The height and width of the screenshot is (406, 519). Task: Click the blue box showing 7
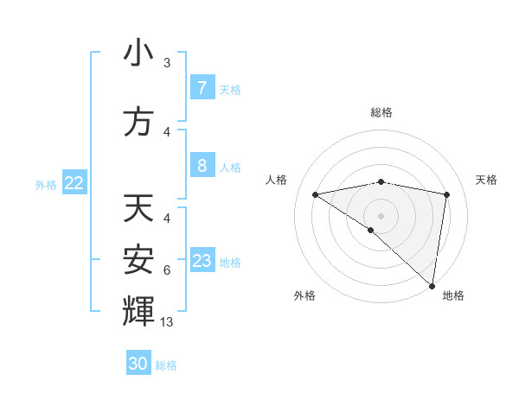[202, 87]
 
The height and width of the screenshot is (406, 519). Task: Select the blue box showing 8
[202, 166]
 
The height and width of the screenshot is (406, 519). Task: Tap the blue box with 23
[202, 261]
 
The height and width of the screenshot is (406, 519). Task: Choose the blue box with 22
[74, 183]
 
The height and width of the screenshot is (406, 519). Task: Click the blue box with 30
[138, 364]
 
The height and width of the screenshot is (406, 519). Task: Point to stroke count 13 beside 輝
[167, 322]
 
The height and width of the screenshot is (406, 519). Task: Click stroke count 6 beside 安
[167, 270]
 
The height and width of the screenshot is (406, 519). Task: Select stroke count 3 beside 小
[167, 63]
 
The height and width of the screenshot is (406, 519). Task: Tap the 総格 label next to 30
[166, 365]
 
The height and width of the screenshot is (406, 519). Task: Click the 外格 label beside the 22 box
[46, 184]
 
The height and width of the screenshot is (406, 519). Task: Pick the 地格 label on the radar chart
[453, 295]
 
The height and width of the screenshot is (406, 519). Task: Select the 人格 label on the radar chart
[277, 180]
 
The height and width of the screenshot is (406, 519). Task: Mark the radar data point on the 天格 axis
[447, 194]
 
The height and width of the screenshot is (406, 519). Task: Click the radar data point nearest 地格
[432, 285]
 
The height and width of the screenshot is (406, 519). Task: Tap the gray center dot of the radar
[381, 214]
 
